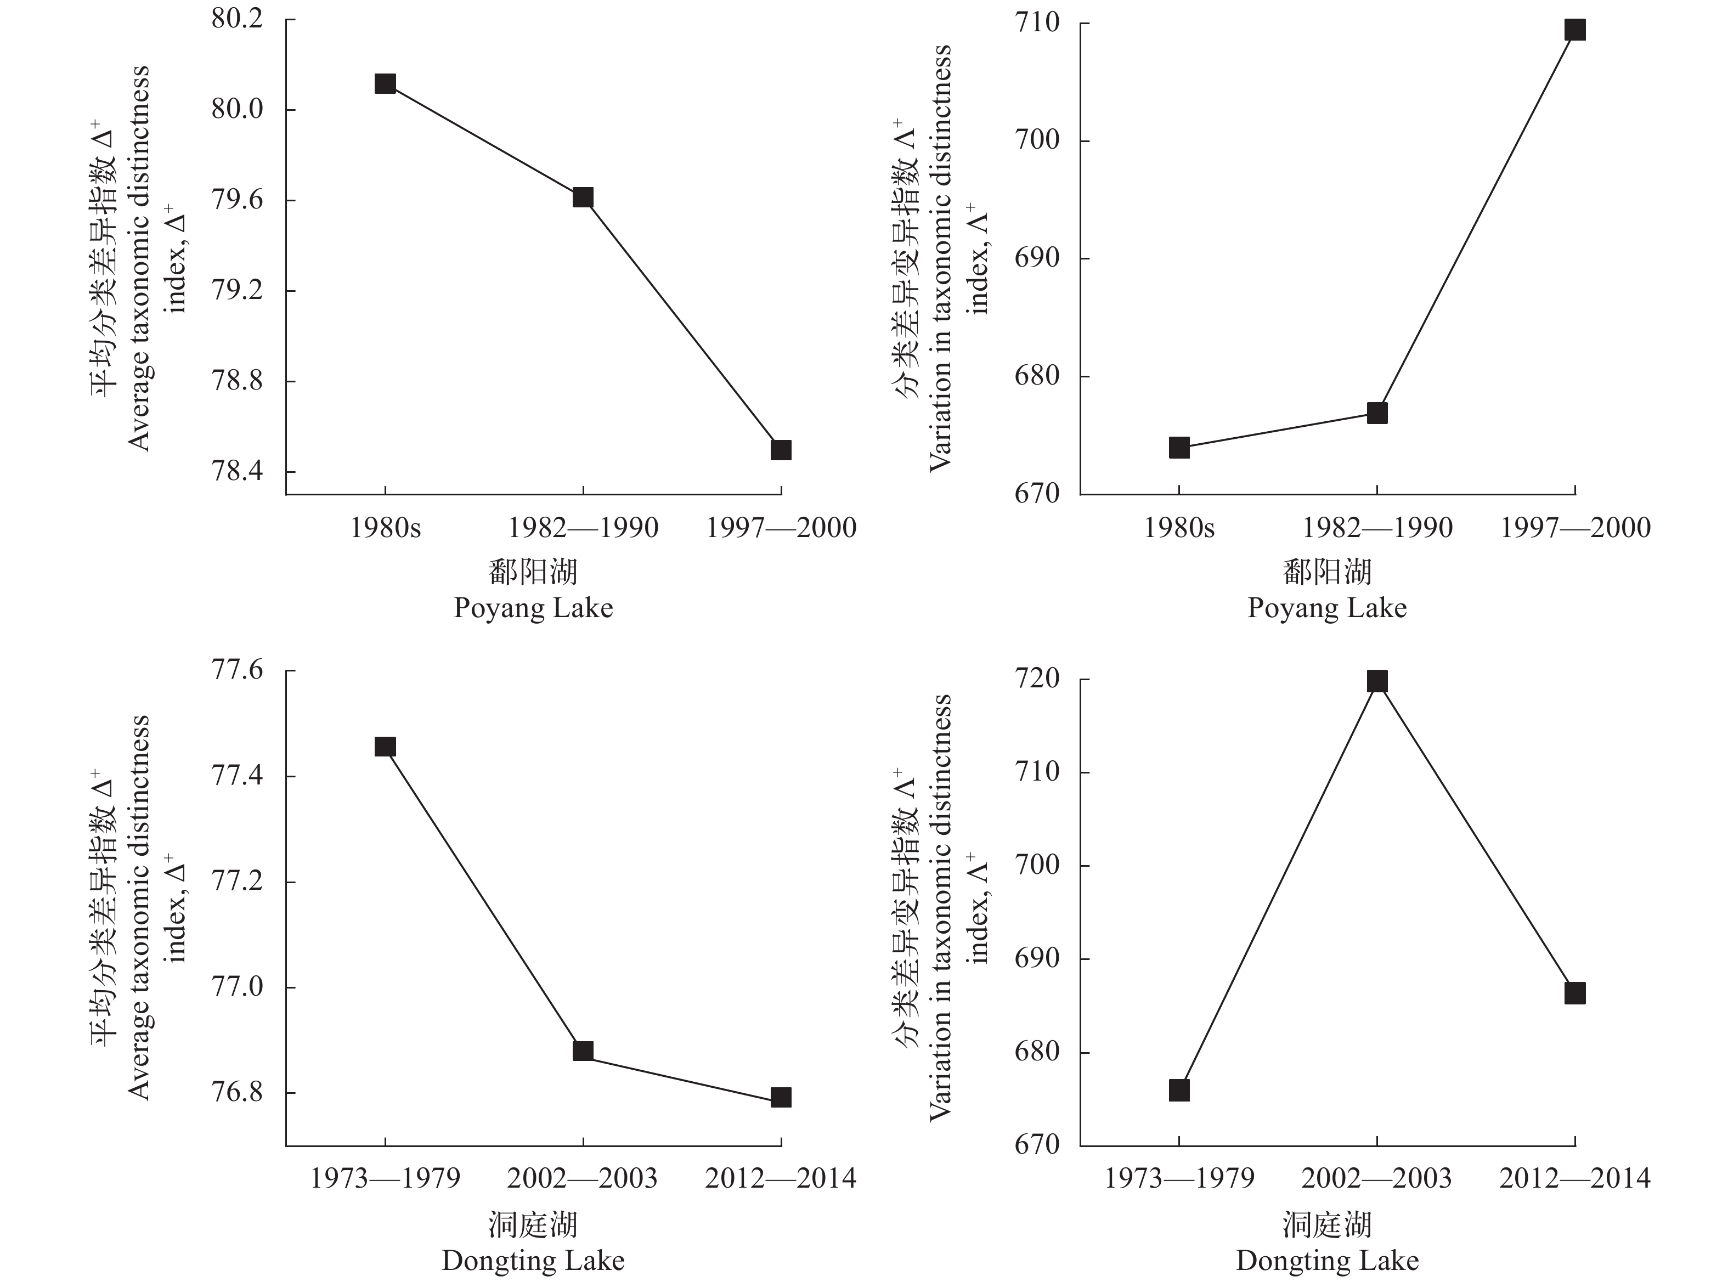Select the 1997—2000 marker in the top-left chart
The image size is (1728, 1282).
coord(781,450)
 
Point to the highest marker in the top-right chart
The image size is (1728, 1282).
coord(1574,30)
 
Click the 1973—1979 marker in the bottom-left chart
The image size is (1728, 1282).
coord(385,747)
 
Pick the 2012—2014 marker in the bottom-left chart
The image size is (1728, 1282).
coord(781,1097)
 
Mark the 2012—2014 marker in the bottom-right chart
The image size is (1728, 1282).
coord(1574,993)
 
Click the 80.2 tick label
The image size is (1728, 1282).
coord(238,19)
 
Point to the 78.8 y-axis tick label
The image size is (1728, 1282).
coord(238,381)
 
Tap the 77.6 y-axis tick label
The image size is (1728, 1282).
coord(238,670)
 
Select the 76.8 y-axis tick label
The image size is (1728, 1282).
coord(238,1093)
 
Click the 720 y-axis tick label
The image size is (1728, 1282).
coord(1037,679)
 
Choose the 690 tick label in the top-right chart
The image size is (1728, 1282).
coord(1037,258)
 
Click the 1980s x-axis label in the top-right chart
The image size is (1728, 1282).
coord(1179,528)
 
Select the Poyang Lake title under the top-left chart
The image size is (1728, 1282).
coord(533,608)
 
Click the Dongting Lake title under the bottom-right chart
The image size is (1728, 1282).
coord(1327,1261)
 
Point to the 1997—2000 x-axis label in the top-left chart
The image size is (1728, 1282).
coord(781,528)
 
